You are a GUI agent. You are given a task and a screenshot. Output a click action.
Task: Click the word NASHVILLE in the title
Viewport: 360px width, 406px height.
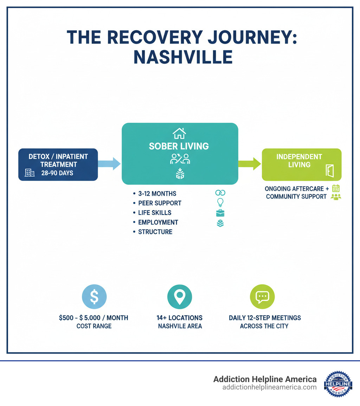(x=183, y=57)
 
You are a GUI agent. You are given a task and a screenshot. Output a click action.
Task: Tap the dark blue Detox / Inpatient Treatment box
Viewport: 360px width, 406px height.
(x=58, y=164)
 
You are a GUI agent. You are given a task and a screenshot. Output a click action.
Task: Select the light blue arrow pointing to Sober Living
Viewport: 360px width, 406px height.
(x=109, y=164)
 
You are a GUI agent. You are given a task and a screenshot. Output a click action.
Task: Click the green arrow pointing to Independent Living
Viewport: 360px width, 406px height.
(x=250, y=163)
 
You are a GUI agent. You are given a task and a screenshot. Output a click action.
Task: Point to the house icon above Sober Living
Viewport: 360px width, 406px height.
(x=179, y=133)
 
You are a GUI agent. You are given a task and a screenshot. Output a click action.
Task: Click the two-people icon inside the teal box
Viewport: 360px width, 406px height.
(x=180, y=159)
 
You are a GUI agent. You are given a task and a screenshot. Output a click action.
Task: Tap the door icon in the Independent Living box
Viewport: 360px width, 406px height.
(x=329, y=171)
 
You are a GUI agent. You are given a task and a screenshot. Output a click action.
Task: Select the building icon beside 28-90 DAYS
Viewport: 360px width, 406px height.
(x=30, y=173)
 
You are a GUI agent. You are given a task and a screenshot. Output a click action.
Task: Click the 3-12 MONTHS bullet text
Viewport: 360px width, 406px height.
(x=157, y=194)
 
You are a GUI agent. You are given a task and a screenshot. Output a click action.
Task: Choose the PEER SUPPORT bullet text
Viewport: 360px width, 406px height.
(x=160, y=203)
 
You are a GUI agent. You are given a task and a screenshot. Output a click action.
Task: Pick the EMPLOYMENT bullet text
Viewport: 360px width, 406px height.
(x=158, y=222)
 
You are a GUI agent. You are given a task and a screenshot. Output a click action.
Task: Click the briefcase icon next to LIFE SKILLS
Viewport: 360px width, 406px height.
(x=220, y=213)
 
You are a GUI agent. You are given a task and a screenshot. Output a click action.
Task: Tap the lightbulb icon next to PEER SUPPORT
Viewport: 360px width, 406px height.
(x=220, y=203)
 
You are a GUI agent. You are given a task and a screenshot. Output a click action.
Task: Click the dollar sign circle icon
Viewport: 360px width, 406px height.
(x=94, y=297)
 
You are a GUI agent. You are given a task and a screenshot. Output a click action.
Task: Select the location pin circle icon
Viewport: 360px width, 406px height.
(x=180, y=297)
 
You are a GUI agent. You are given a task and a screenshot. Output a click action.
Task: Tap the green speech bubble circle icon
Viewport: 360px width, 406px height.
(x=262, y=297)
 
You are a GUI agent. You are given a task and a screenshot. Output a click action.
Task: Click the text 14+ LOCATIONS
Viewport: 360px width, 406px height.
(x=179, y=318)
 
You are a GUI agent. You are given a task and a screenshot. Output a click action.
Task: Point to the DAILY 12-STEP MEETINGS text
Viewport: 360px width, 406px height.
(x=265, y=318)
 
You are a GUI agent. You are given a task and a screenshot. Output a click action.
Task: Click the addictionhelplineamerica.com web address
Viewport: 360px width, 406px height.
(x=269, y=387)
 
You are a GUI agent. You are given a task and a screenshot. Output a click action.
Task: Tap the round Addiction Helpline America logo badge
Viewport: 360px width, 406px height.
(x=338, y=383)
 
